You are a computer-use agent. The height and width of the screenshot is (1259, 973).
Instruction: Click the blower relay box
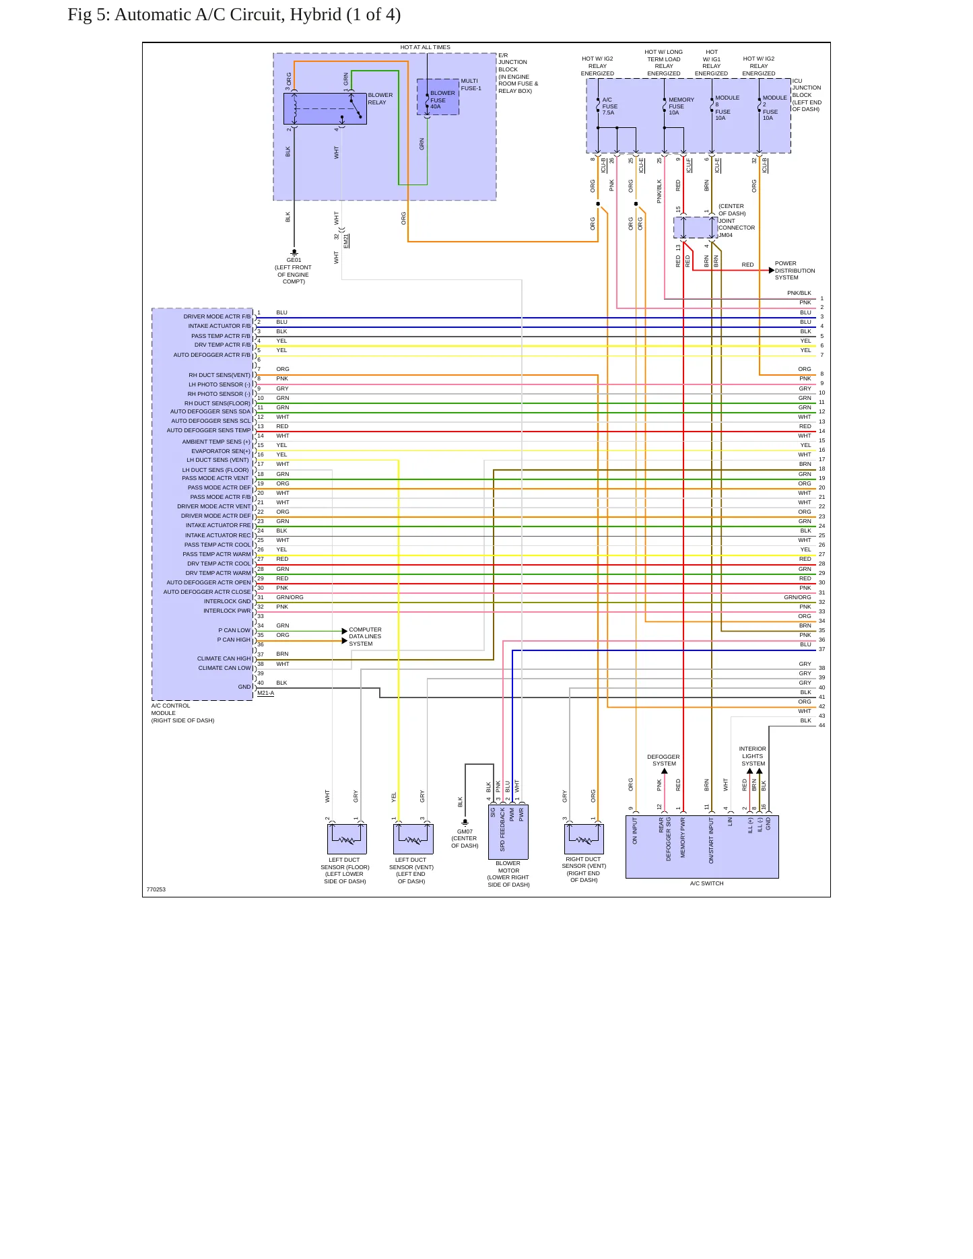[x=325, y=108]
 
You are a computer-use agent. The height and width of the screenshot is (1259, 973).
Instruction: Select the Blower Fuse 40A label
[x=442, y=100]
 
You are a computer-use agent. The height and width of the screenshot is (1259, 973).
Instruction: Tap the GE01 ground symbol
[x=294, y=253]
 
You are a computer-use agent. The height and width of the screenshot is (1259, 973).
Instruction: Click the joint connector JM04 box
[x=696, y=228]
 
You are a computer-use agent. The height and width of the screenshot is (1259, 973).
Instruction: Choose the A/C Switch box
[x=702, y=847]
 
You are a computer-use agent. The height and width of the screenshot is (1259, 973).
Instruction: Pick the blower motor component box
[x=508, y=831]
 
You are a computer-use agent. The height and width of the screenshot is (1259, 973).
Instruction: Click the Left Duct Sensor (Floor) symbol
[x=347, y=839]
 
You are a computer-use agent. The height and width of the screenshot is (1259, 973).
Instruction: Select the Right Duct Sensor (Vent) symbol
[x=583, y=839]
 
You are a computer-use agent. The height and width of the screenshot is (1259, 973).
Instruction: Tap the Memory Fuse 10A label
[x=681, y=106]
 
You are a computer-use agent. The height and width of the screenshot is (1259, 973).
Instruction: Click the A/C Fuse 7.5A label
[x=609, y=106]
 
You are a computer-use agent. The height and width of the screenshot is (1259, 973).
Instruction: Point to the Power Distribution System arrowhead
[x=772, y=271]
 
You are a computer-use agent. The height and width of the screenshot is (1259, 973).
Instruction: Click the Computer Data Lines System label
[x=365, y=637]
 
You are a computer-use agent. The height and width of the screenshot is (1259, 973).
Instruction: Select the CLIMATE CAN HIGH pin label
[x=224, y=658]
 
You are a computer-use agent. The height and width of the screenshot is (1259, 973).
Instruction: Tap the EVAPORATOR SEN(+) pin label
[x=220, y=451]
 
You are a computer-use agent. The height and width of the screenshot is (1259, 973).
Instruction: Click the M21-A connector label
[x=265, y=693]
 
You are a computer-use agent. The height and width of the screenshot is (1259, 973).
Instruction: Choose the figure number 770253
[x=156, y=889]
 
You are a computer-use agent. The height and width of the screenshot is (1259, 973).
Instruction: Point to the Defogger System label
[x=664, y=760]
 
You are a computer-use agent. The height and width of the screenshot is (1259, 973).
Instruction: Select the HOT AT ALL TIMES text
[x=425, y=47]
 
